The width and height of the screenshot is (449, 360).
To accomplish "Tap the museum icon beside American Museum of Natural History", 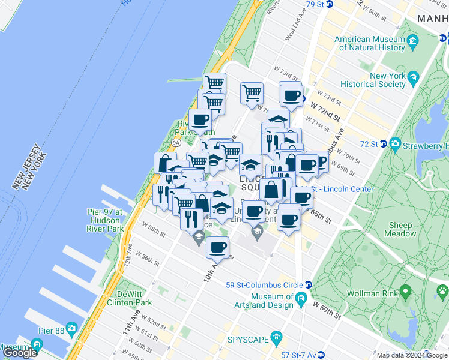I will pos(412,41).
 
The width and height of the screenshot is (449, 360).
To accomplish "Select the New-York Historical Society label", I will pos(373,80).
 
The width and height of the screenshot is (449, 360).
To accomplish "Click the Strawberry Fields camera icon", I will pos(395,144).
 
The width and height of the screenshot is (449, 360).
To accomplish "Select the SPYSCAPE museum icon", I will pos(277,338).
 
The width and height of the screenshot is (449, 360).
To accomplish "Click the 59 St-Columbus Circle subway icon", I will pos(309,285).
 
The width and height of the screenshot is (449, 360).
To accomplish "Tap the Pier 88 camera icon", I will pos(71,329).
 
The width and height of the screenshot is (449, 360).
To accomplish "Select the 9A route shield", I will pos(176,143).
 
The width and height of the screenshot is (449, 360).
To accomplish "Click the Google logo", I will pos(20,353).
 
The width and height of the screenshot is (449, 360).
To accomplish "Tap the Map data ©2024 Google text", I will pos(411,355).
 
